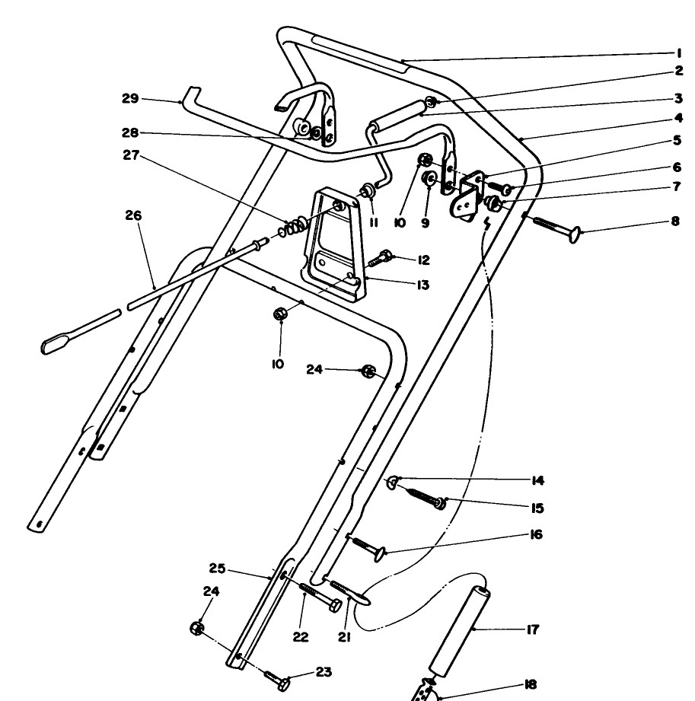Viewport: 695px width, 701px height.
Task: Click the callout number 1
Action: [x=679, y=53]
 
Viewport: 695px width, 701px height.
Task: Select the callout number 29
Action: [x=130, y=98]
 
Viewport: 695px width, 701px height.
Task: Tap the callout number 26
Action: [x=133, y=215]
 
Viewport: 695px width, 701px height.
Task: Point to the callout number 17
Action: [x=532, y=629]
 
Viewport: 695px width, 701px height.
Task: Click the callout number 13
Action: [x=422, y=285]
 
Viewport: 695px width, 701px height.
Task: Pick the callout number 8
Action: [x=675, y=221]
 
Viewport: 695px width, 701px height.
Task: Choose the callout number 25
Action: [x=217, y=569]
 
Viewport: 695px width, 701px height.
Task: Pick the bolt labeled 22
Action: [x=320, y=597]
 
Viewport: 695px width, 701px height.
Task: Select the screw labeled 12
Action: [x=381, y=259]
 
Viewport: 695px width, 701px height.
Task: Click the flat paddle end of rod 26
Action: [x=56, y=343]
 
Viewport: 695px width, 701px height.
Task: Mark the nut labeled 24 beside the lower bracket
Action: [x=197, y=628]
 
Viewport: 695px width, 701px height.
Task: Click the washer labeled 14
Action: [x=393, y=483]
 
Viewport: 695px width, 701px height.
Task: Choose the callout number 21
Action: [x=343, y=637]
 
